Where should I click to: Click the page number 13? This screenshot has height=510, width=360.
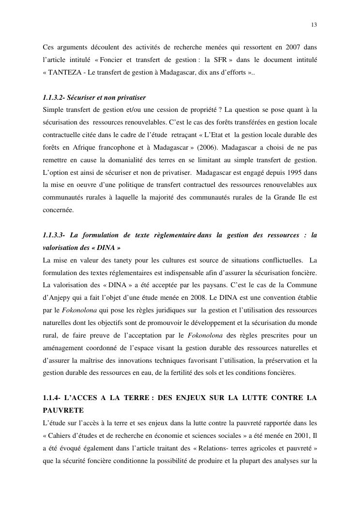pos(314,25)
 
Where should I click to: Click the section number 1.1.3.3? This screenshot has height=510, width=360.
pos(53,235)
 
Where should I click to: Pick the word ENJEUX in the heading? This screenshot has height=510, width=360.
pos(193,398)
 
